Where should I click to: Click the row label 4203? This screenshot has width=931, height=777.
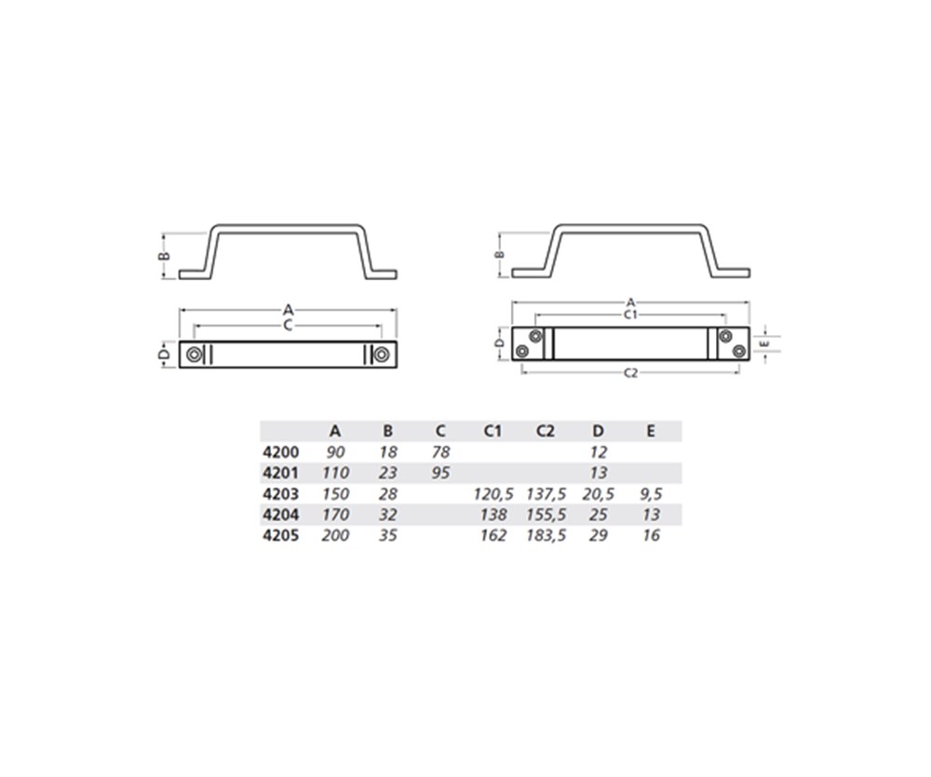pos(282,493)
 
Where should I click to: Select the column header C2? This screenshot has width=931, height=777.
pos(546,431)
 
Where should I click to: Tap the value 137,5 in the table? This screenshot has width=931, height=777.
pos(546,493)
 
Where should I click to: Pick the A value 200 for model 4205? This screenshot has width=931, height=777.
pos(335,535)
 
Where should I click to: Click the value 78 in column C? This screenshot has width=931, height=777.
pos(440,451)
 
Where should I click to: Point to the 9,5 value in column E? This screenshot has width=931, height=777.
pos(651,493)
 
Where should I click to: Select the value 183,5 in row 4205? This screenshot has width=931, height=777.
pos(546,535)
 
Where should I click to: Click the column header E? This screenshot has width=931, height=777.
pos(651,431)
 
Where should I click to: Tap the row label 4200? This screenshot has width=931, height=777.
pos(282,451)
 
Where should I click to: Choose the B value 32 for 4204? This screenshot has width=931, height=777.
pos(388,515)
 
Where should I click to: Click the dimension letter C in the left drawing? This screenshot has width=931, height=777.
pos(288,324)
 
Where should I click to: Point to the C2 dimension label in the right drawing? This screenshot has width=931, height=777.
pos(630,373)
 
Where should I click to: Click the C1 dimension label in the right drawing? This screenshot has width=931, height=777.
pos(630,315)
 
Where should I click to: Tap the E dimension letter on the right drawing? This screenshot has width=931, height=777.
pos(763,342)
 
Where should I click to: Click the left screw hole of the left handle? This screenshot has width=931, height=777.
pos(193,355)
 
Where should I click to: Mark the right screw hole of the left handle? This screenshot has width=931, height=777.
pos(381,355)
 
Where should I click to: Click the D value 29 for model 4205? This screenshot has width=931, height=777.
pos(599,535)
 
